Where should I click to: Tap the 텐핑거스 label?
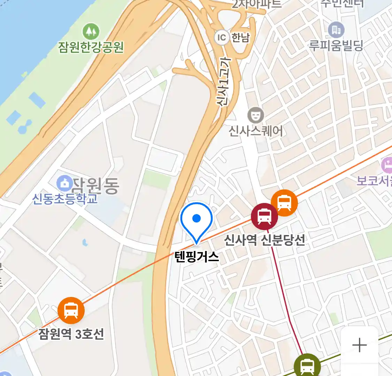pos(197,257)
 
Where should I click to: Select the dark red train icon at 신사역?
pos(264,216)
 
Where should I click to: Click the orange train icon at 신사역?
pos(284,203)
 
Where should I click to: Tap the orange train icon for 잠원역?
pos(71,310)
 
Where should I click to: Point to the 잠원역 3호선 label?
pos(71,334)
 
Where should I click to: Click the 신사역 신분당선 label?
pos(264,240)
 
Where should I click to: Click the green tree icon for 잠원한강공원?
pos(91,32)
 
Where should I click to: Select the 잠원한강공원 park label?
pos(91,47)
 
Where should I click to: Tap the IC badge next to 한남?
pos(222,37)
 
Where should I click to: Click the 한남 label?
pos(241,37)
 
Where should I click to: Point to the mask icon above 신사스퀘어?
pos(255,115)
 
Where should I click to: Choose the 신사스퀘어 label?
pos(256,131)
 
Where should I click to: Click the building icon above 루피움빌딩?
pos(336,30)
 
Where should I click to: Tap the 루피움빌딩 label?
pos(336,46)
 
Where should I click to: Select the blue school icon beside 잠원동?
pos(64,183)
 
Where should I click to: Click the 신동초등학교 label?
pos(65,199)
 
